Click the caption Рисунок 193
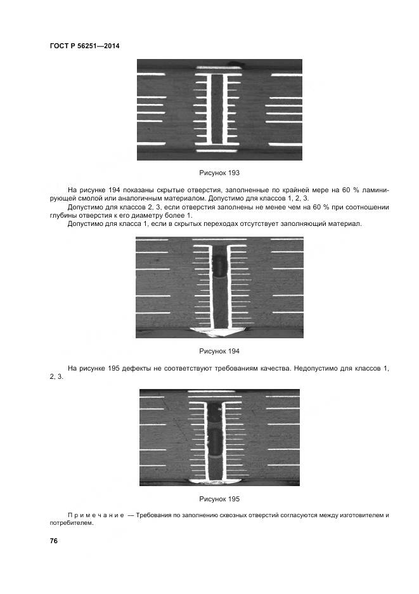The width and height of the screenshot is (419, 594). (219, 173)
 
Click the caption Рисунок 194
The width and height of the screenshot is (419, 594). (219, 351)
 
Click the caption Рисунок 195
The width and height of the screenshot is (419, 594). (219, 499)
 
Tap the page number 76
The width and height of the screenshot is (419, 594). (54, 541)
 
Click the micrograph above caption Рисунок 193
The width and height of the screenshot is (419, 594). (219, 110)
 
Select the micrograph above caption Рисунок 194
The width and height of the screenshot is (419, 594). (219, 287)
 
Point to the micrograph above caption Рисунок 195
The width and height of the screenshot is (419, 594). (219, 438)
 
